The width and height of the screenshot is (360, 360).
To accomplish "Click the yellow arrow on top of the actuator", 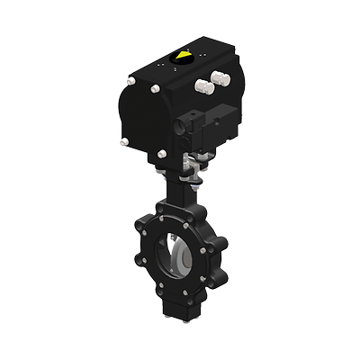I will [184, 56].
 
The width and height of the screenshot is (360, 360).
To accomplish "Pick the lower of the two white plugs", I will [202, 87].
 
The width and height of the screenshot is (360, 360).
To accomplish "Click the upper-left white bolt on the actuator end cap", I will [131, 83].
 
